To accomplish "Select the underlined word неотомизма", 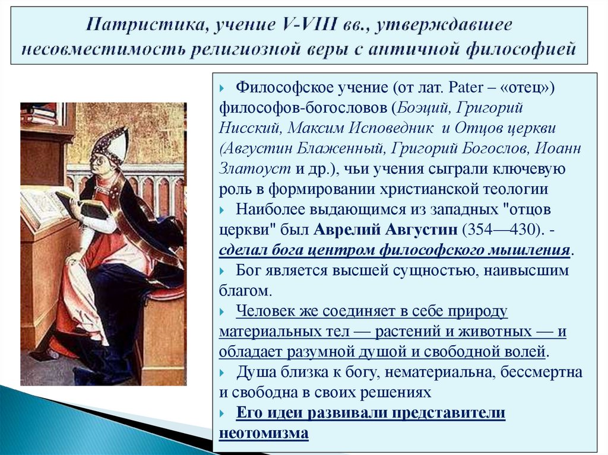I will pyautogui.click(x=264, y=432).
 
